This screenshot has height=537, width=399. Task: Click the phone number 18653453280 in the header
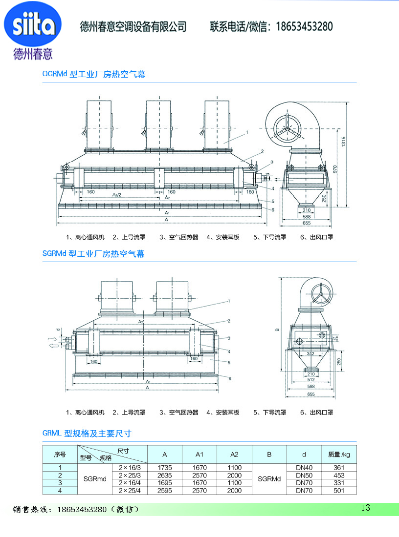pyautogui.click(x=305, y=26)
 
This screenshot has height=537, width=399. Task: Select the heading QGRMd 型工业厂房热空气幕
pyautogui.click(x=94, y=75)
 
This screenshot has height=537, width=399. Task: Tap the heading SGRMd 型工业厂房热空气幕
pyautogui.click(x=93, y=254)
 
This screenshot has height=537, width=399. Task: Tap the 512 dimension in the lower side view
pyautogui.click(x=311, y=379)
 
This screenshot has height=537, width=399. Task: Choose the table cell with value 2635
pyautogui.click(x=164, y=475)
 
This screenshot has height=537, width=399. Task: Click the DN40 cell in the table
pyautogui.click(x=304, y=468)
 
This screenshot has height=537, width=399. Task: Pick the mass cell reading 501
pyautogui.click(x=339, y=491)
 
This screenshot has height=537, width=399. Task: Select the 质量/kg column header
pyautogui.click(x=339, y=454)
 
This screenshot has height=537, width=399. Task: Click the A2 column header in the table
pyautogui.click(x=234, y=454)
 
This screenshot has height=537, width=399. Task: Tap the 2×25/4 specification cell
pyautogui.click(x=129, y=491)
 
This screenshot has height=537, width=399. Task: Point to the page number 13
pyautogui.click(x=365, y=508)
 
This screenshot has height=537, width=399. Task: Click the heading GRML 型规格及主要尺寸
pyautogui.click(x=87, y=434)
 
